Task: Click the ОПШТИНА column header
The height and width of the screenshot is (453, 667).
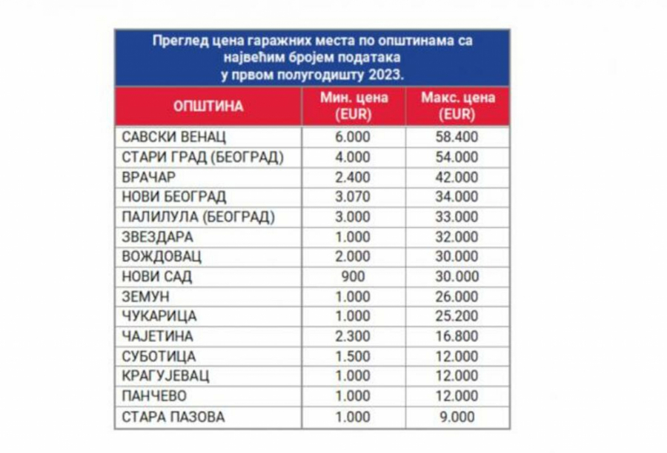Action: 208,107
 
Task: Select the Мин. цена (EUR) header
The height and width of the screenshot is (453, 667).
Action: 353,107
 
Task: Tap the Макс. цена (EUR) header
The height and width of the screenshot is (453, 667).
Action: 457,107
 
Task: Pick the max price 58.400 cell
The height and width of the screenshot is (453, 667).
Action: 457,138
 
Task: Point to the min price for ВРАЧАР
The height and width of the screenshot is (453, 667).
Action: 353,178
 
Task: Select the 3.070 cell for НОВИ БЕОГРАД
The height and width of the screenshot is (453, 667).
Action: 353,198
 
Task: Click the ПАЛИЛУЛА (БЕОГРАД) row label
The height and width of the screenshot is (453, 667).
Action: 197,218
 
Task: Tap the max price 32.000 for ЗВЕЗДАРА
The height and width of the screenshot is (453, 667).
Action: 457,238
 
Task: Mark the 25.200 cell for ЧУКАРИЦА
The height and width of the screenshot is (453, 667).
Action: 457,317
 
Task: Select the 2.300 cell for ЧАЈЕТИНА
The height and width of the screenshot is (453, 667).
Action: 353,337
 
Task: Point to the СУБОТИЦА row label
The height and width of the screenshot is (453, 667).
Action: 159,357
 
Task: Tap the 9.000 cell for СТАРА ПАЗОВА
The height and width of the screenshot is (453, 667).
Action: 457,417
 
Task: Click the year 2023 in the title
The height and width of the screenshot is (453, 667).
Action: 388,75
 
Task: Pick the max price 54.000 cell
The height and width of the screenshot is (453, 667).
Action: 457,158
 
